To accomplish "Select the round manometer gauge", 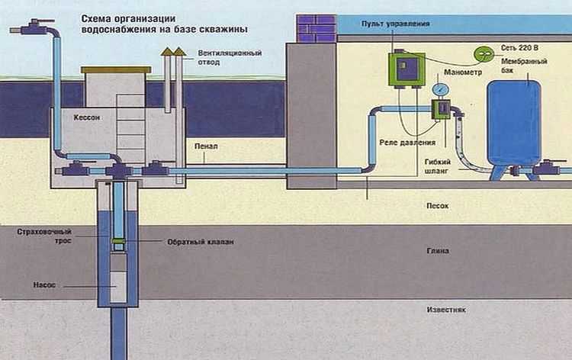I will click(439, 90).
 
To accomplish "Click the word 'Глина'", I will click(438, 250).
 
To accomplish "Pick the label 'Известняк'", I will click(446, 310).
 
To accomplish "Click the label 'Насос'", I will click(42, 284).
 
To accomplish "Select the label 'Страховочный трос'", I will click(38, 234).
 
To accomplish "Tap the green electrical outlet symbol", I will click(484, 53).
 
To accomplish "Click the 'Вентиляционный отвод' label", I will click(219, 58).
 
